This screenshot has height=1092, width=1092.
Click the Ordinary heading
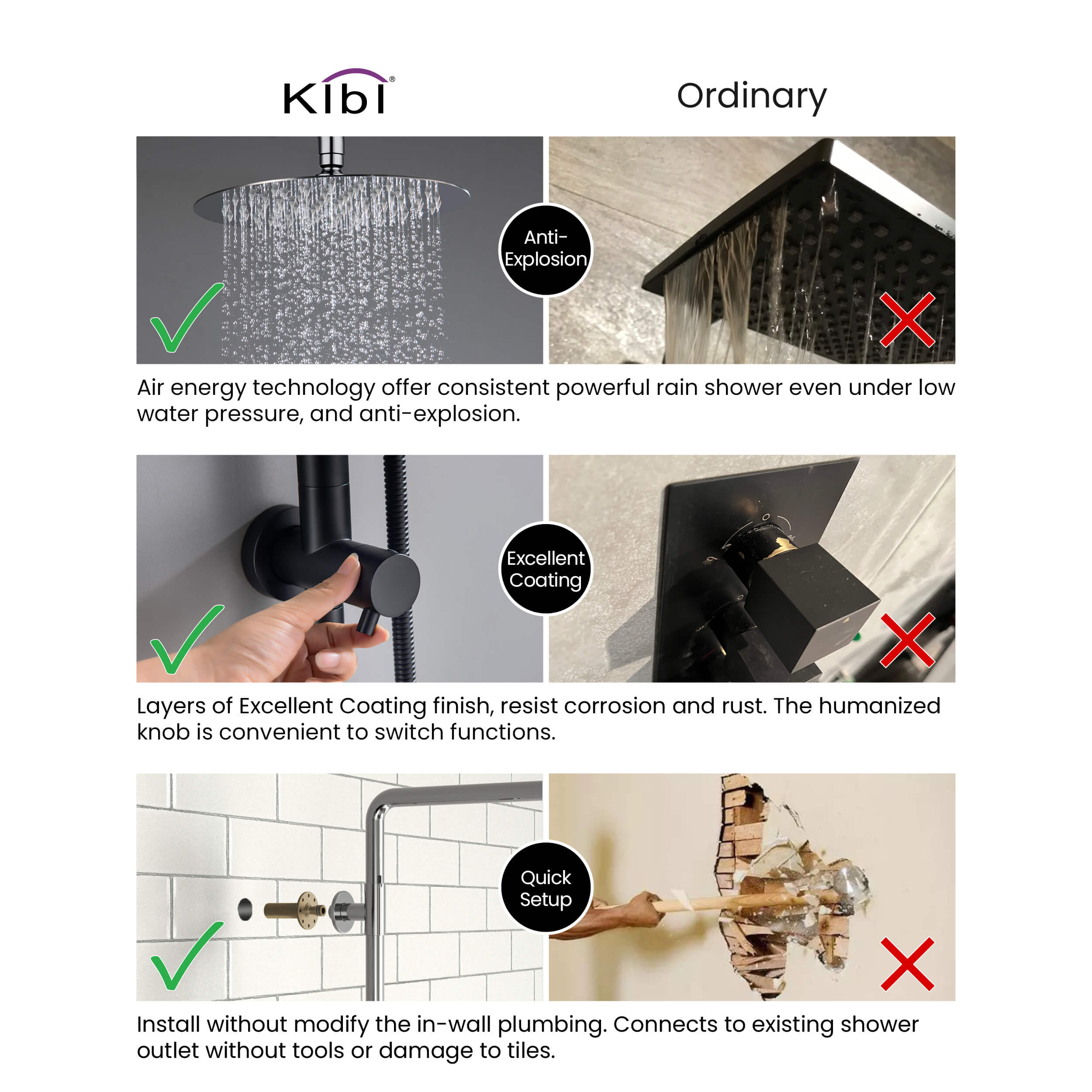(752, 96)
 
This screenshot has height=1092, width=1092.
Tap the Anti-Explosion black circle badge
(546, 250)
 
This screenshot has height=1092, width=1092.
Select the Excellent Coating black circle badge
(546, 569)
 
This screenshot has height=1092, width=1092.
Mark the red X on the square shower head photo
(908, 320)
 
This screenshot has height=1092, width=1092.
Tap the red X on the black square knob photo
(908, 641)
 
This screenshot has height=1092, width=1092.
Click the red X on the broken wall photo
(908, 964)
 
